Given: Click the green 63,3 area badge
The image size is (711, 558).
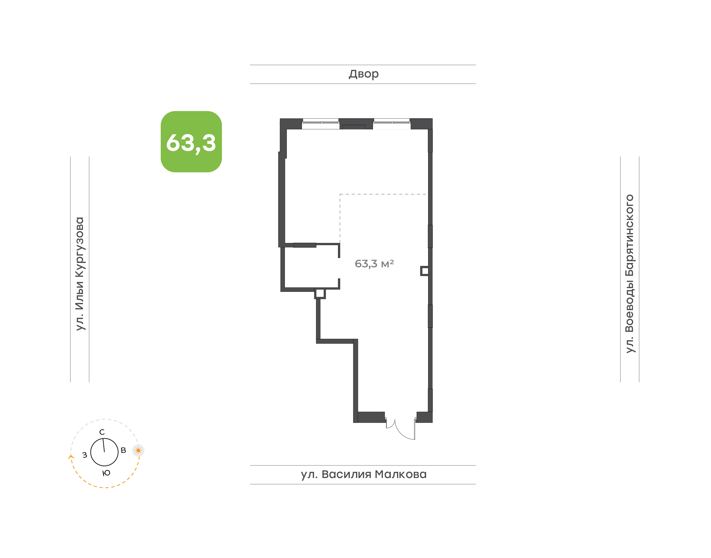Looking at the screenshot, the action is [x=191, y=141].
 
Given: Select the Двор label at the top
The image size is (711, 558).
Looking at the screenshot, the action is [x=363, y=74].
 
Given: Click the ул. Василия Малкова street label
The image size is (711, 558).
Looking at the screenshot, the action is [x=363, y=474].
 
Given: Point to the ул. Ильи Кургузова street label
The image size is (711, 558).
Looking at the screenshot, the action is [x=80, y=274].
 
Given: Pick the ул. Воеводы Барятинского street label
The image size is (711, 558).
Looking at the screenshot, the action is [x=629, y=274].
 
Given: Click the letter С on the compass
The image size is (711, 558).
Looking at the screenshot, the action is [x=102, y=432].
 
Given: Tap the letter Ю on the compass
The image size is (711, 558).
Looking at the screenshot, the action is [x=106, y=473].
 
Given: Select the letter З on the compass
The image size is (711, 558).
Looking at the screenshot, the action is [x=85, y=455].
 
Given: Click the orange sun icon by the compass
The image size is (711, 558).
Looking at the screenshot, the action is [x=138, y=451].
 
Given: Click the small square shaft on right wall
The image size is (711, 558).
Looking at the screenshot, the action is [x=425, y=271].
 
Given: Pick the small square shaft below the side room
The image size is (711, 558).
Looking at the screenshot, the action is [x=320, y=293].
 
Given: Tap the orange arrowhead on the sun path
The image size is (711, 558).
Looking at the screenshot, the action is [x=71, y=457].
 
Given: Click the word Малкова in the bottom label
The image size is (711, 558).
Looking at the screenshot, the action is [x=401, y=474].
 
